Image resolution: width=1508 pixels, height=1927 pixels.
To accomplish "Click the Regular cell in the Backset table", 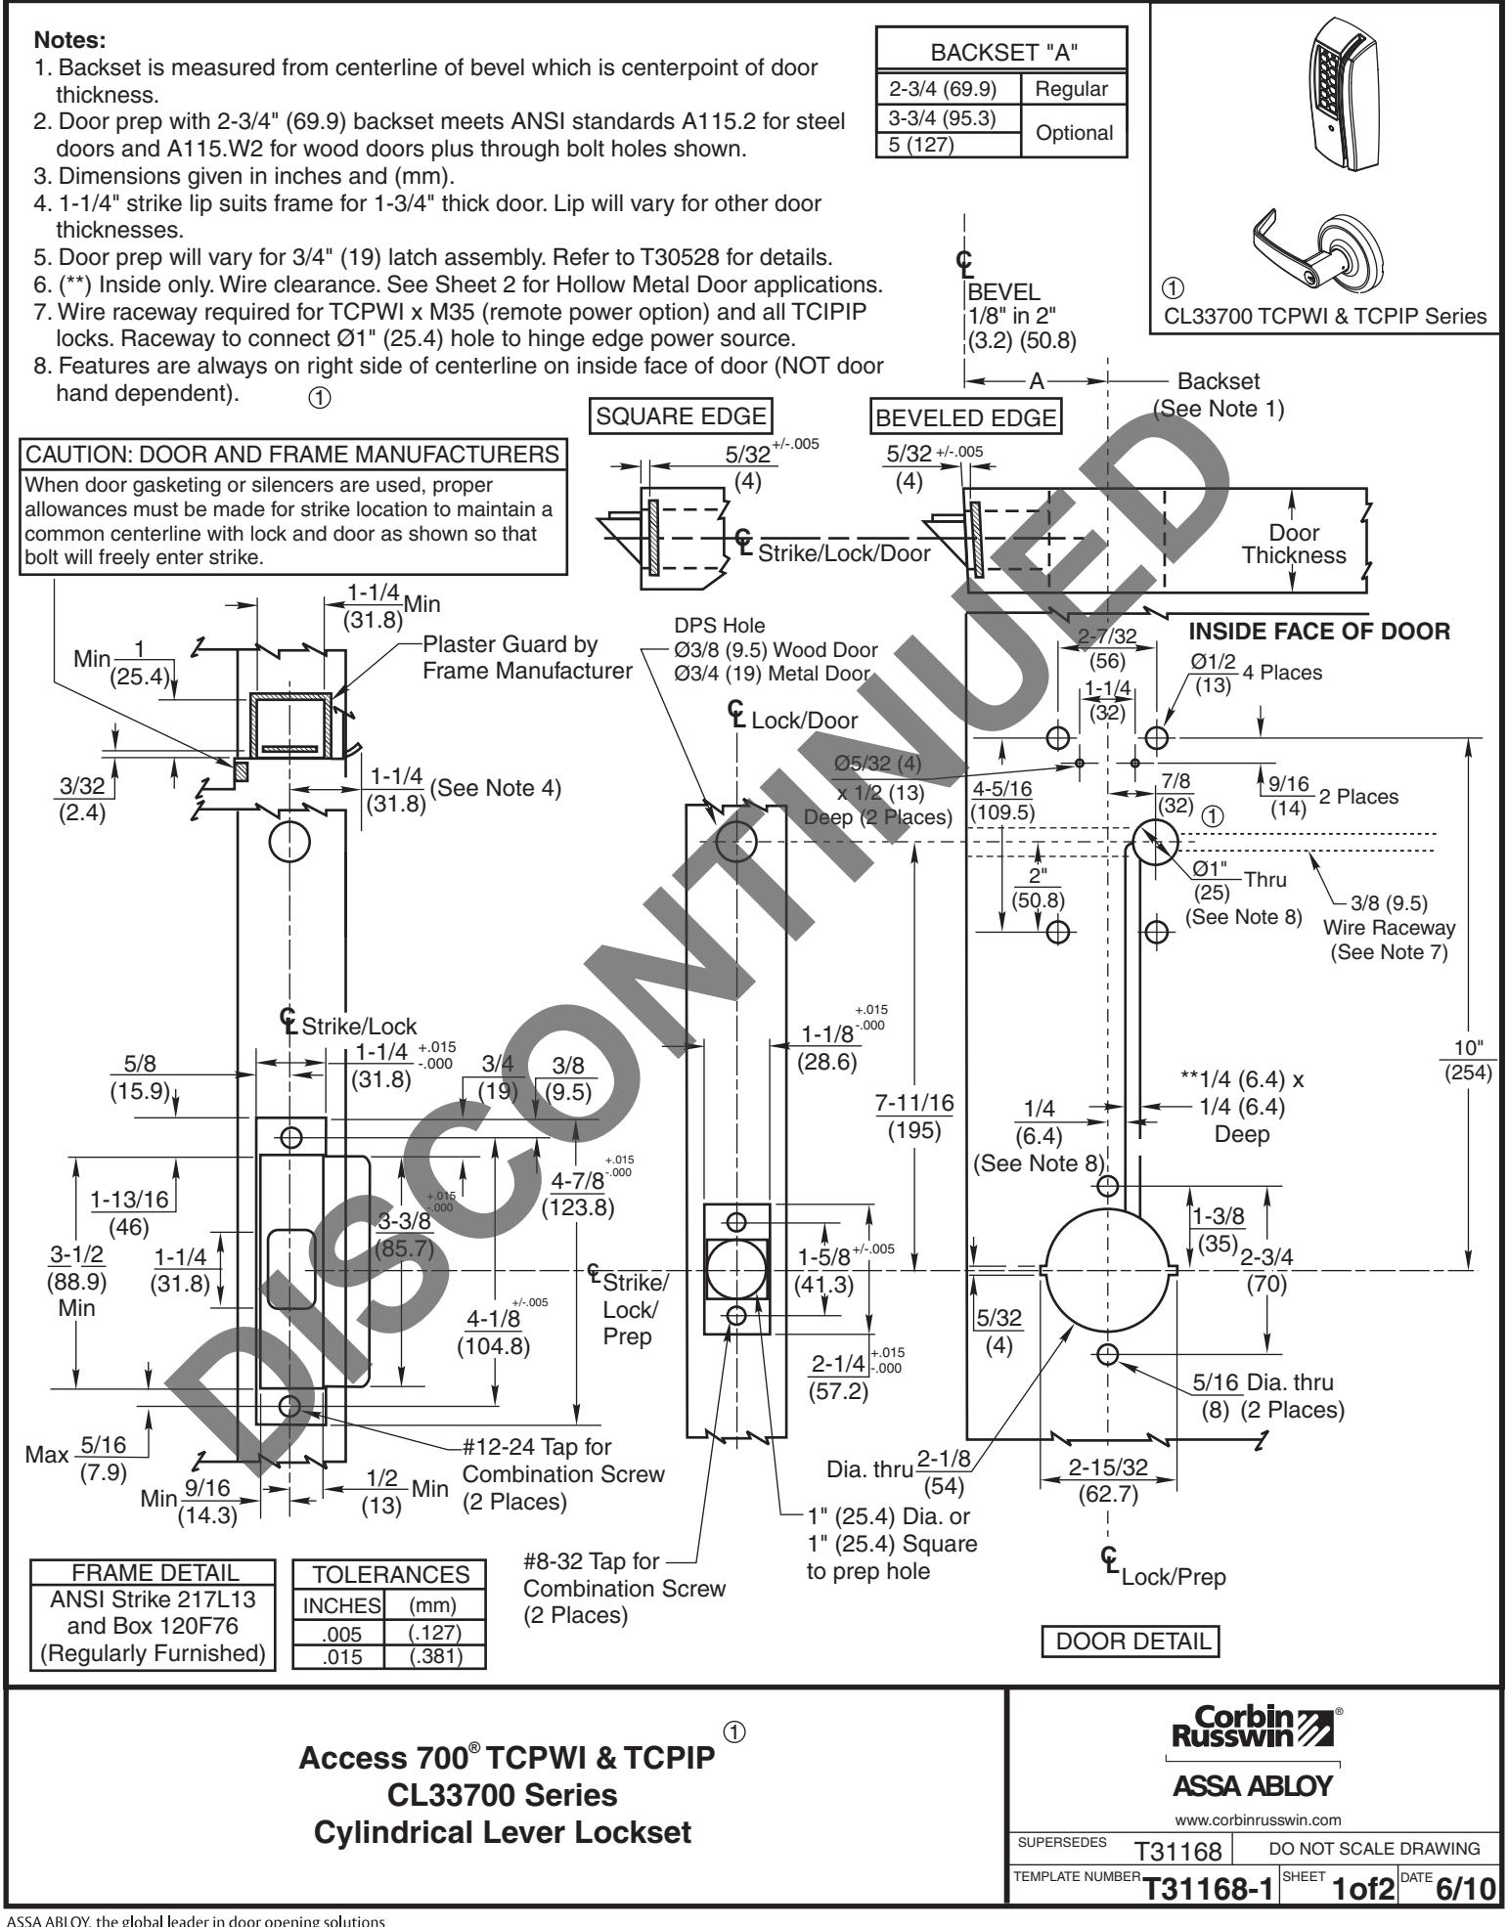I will click(x=1071, y=89).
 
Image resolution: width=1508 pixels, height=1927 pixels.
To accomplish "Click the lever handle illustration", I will click(x=1315, y=245).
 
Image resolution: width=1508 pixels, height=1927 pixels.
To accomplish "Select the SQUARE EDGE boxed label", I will click(x=682, y=416).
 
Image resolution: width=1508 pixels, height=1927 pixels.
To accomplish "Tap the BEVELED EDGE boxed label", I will click(x=966, y=418).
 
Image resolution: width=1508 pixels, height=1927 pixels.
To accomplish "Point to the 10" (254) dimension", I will click(x=1469, y=1061).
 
